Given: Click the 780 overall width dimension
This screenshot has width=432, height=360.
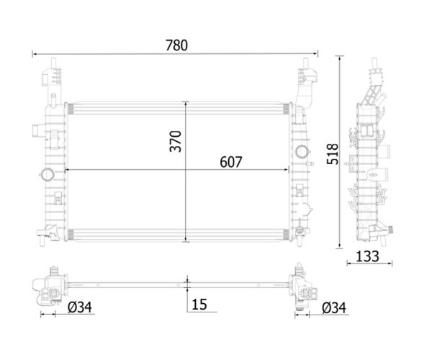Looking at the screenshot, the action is (176, 45).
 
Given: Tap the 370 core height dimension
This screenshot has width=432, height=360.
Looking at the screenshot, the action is (176, 141).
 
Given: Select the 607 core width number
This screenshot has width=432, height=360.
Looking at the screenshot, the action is (231, 162).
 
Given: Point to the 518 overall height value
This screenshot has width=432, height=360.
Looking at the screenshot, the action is (332, 154).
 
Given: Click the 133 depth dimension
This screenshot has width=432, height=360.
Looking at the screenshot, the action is (367, 256).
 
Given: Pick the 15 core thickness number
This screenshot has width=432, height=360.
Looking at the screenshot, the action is (199, 305).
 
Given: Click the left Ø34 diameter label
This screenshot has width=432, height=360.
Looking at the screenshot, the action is (80, 307).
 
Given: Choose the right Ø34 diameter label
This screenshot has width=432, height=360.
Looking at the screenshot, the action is (333, 307).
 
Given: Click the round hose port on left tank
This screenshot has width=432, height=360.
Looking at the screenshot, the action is (47, 174).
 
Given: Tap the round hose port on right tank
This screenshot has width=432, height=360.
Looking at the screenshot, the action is (302, 151).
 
